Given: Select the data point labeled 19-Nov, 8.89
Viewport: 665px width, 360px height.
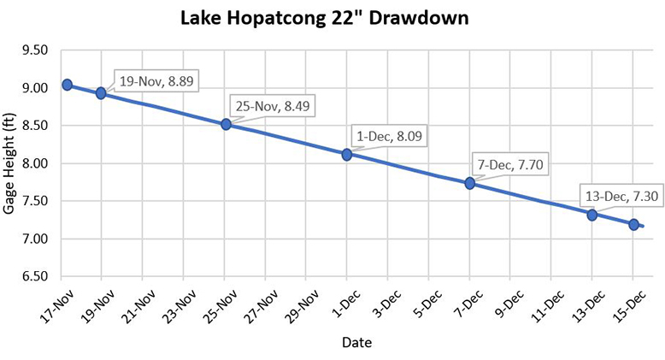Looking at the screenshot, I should (x=101, y=93).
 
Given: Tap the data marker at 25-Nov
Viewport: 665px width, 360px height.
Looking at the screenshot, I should (x=227, y=124).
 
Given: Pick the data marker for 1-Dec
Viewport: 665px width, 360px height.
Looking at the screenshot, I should (x=347, y=155).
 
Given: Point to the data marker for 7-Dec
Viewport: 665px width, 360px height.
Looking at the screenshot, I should (x=469, y=183).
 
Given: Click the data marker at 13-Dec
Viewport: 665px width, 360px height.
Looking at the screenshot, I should (x=591, y=215).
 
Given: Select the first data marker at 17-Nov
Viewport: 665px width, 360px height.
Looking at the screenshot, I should (x=67, y=85).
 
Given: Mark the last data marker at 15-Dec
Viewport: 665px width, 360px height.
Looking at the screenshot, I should (x=633, y=224).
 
